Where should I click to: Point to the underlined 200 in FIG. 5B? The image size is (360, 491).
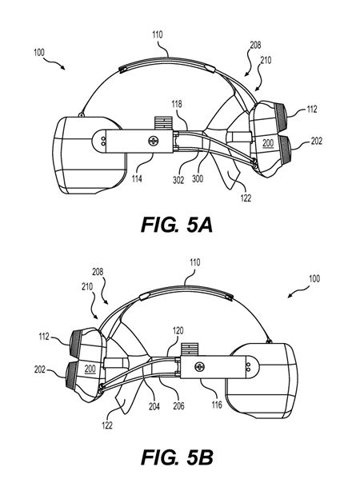point(90,369)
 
